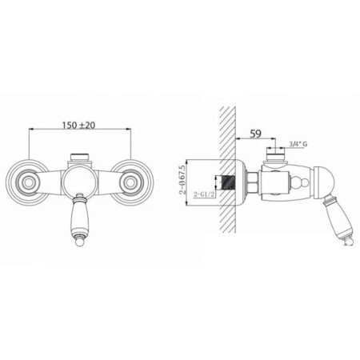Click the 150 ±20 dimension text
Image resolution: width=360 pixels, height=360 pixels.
(78, 125)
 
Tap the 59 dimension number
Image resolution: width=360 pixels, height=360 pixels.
(255, 134)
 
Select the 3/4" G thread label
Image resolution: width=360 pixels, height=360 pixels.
(298, 144)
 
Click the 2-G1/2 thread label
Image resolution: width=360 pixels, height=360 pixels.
(204, 194)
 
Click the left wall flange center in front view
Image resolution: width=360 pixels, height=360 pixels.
(26, 182)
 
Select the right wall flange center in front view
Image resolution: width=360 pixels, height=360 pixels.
(130, 182)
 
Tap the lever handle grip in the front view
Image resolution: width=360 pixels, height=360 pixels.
(79, 218)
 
